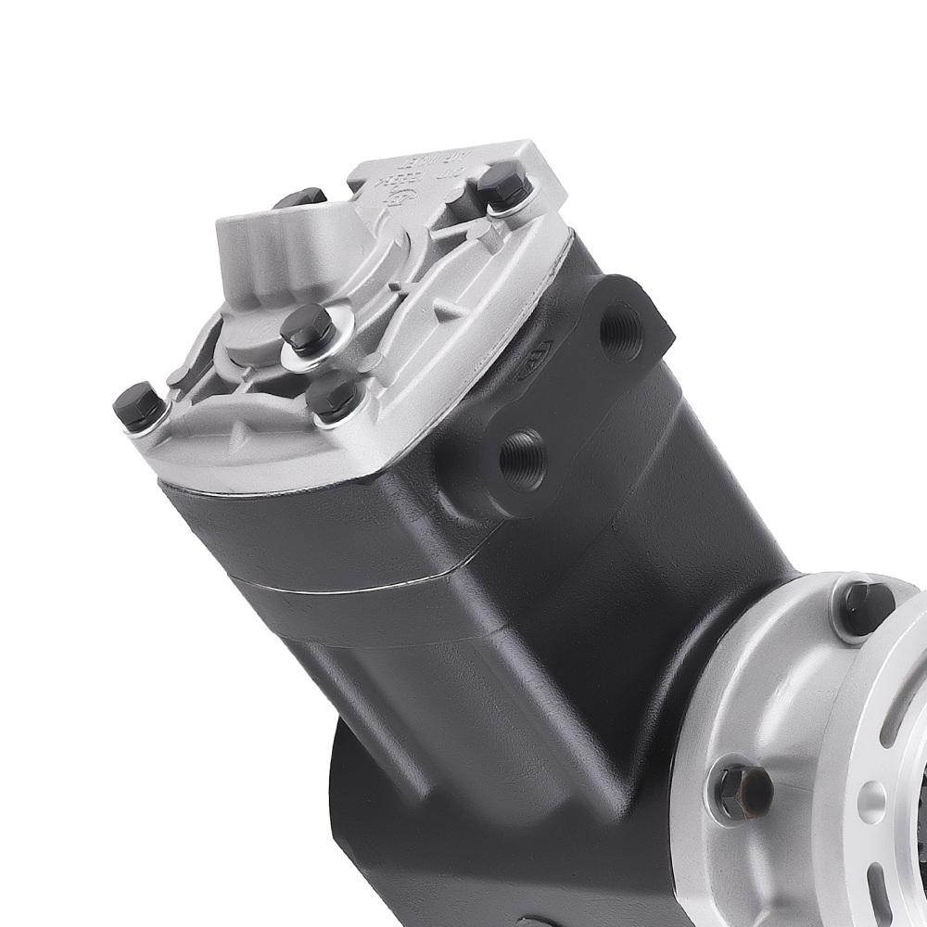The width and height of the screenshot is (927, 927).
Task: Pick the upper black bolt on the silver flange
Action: [864, 607]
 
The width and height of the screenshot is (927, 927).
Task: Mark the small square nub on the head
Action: [174, 375]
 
